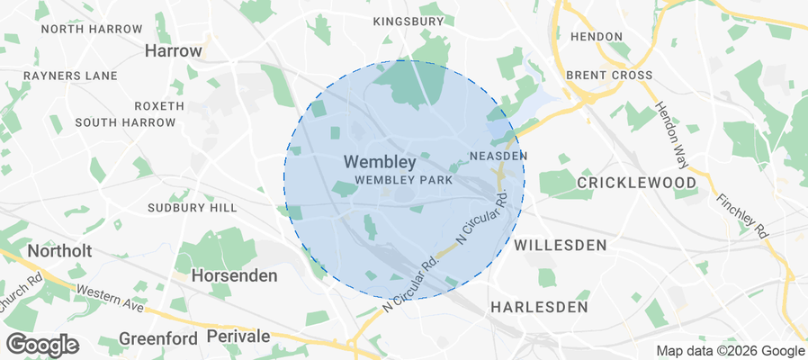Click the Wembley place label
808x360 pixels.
(x=380, y=163)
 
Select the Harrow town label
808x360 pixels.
(x=173, y=51)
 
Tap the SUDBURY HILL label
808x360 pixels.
(x=193, y=208)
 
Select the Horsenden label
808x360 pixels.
(x=235, y=275)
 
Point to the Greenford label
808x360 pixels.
(x=157, y=338)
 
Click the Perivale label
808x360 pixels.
(x=238, y=336)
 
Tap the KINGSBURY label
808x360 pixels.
(x=408, y=21)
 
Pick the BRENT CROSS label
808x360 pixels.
(x=609, y=76)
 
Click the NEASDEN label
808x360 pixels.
(x=498, y=156)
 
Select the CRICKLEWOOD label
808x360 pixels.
(x=636, y=183)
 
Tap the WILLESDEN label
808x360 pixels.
(x=560, y=244)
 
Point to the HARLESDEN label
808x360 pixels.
(x=539, y=307)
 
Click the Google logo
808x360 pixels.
(x=42, y=345)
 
